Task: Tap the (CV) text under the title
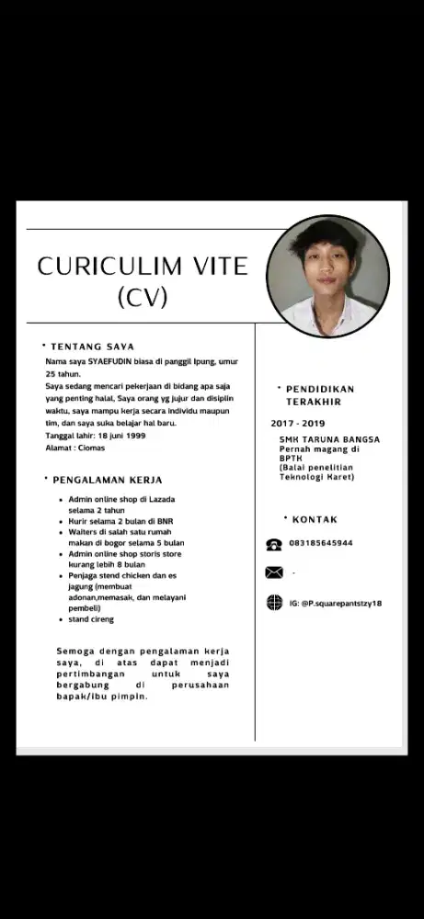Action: [x=143, y=297]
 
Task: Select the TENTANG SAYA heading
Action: [x=92, y=346]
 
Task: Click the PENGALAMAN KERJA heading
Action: [x=107, y=480]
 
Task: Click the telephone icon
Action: [x=273, y=544]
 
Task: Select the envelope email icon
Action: [x=273, y=573]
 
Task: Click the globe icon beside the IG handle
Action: [x=273, y=603]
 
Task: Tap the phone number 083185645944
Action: [x=321, y=543]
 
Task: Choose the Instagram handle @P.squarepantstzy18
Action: [x=335, y=603]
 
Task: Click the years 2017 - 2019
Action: [x=298, y=424]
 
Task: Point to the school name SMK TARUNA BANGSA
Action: [x=329, y=439]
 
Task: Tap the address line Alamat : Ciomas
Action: [x=74, y=448]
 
